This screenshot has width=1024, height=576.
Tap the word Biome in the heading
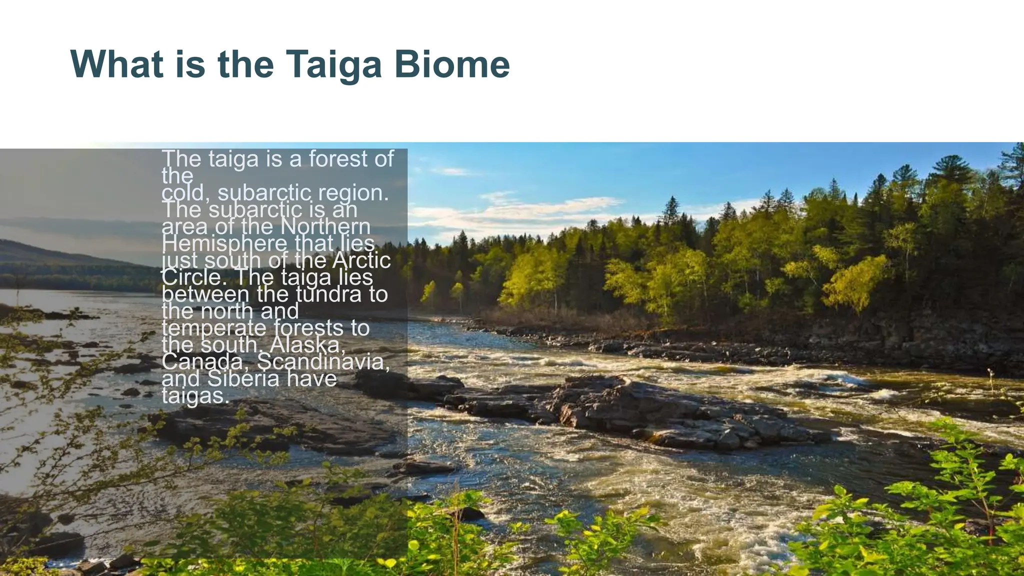[x=452, y=65]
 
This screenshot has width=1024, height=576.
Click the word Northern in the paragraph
[x=325, y=226]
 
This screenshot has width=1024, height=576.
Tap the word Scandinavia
[x=322, y=361]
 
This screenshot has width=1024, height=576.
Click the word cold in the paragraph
[x=183, y=193]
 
